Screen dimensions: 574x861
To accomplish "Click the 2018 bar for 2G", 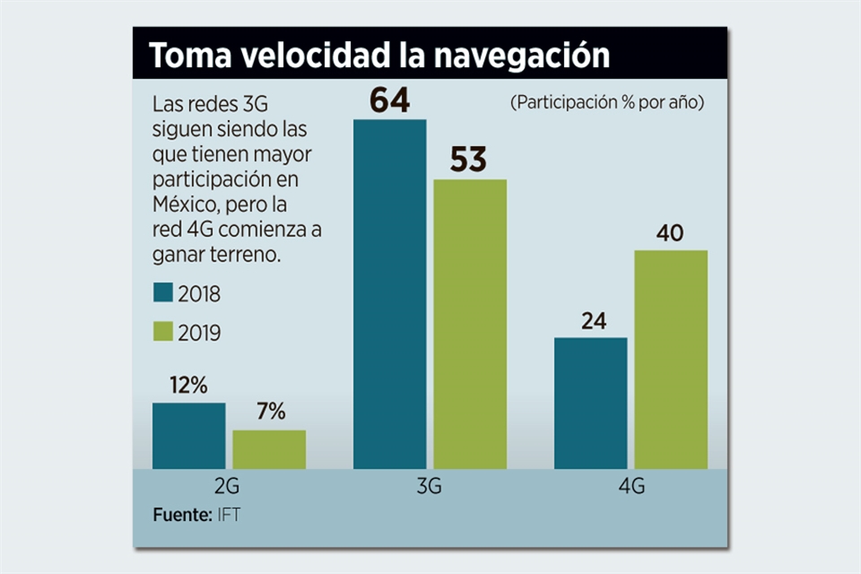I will click(x=188, y=436).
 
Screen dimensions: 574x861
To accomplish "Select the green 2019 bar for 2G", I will click(x=269, y=449).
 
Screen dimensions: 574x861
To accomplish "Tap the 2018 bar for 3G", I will click(x=389, y=294).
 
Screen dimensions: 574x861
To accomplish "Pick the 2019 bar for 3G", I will click(x=470, y=324).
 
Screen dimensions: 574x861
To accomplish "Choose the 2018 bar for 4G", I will click(x=590, y=403).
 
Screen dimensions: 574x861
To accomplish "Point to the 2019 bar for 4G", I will click(x=671, y=359).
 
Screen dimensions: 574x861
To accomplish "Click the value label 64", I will click(x=390, y=100).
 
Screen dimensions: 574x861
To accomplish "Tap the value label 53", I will click(x=468, y=161).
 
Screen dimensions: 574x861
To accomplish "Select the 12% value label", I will click(x=189, y=386).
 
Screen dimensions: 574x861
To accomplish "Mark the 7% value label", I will click(x=270, y=413).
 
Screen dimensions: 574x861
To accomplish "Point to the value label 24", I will click(x=593, y=321).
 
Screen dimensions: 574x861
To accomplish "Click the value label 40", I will click(x=670, y=233).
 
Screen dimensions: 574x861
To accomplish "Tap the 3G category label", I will click(x=429, y=488).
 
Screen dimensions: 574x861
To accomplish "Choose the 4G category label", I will click(x=631, y=488).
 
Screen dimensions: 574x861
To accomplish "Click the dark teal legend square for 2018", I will click(x=162, y=293).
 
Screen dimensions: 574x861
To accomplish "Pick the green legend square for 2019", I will click(x=162, y=332).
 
